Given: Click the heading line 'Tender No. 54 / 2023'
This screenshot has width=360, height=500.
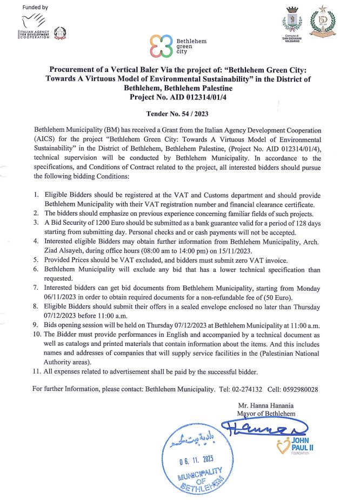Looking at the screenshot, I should pyautogui.click(x=177, y=114).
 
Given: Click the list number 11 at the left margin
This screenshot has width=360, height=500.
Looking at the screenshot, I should pyautogui.click(x=36, y=371).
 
